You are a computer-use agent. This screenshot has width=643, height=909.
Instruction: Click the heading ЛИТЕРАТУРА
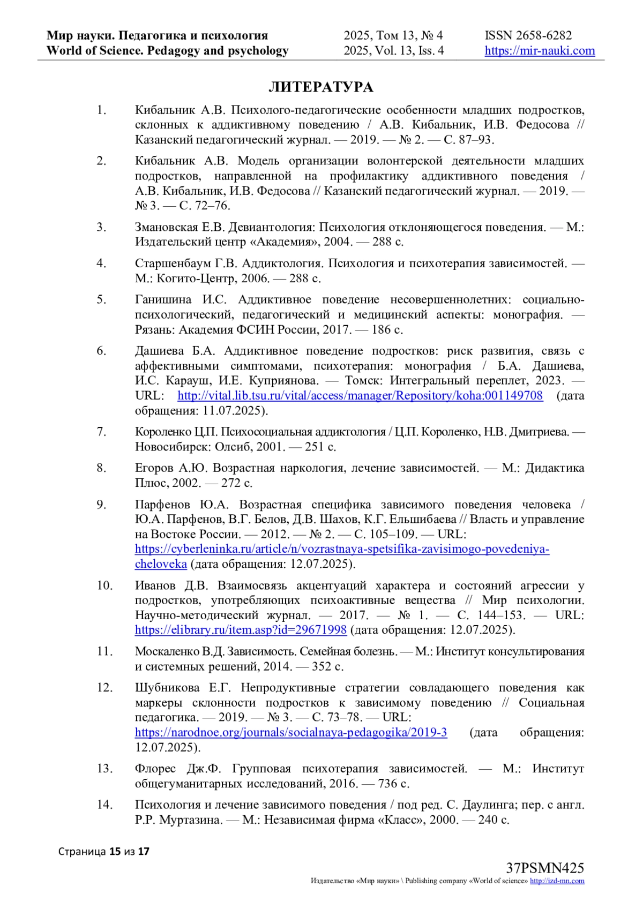(x=320, y=87)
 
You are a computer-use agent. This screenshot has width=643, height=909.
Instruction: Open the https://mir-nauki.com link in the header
(x=540, y=51)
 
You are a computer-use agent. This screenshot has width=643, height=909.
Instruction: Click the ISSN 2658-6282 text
(x=528, y=35)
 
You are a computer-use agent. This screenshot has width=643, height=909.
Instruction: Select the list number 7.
(x=101, y=432)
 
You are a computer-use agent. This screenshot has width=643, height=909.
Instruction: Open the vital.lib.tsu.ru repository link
(x=360, y=396)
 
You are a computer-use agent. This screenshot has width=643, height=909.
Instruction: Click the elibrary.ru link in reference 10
(x=241, y=630)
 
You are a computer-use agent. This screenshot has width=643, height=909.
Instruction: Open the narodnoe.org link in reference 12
(x=291, y=732)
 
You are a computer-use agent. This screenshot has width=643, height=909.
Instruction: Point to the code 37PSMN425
(x=545, y=868)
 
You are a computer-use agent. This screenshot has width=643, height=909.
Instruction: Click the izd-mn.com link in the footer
(x=557, y=881)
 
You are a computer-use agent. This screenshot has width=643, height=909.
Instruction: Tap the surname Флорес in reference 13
(x=155, y=769)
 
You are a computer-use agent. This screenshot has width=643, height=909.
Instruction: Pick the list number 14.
(x=104, y=805)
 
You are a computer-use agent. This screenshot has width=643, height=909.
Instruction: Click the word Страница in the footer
(x=81, y=851)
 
